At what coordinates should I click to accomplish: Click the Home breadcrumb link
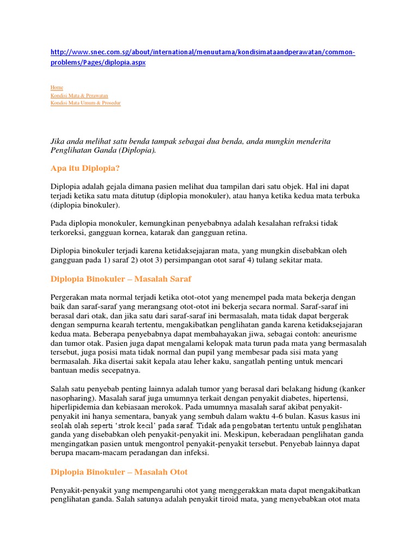point(57,88)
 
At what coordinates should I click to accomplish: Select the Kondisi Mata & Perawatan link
point(79,95)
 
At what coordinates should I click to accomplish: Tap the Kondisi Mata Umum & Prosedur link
point(85,103)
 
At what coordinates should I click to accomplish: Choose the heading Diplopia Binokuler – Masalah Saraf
point(121,279)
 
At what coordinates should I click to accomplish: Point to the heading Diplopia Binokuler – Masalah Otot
point(119,472)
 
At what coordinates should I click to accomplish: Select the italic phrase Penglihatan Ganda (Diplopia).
point(103,150)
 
